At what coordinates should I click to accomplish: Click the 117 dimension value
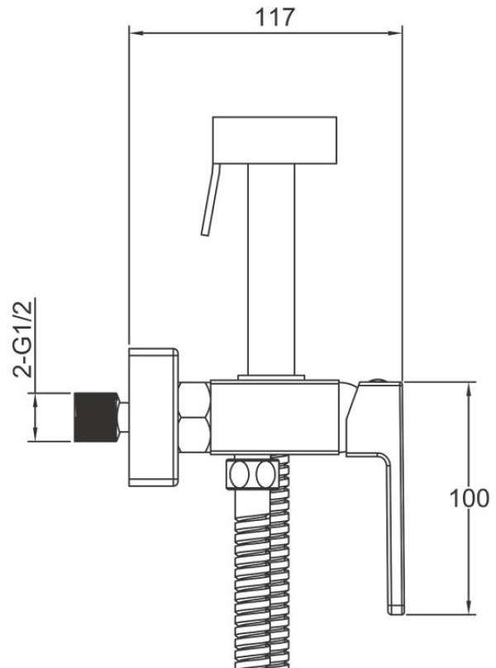(x=274, y=17)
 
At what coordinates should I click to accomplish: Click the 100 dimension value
(x=469, y=498)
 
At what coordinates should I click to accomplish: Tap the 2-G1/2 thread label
(x=23, y=339)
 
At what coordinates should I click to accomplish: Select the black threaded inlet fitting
(x=97, y=417)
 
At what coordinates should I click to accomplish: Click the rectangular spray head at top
(x=274, y=140)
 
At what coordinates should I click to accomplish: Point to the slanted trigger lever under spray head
(x=211, y=199)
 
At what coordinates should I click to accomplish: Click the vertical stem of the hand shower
(x=271, y=270)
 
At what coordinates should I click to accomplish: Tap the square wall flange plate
(x=154, y=417)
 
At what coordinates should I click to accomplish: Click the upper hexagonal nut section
(x=194, y=399)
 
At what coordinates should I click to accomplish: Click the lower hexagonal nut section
(x=194, y=434)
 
